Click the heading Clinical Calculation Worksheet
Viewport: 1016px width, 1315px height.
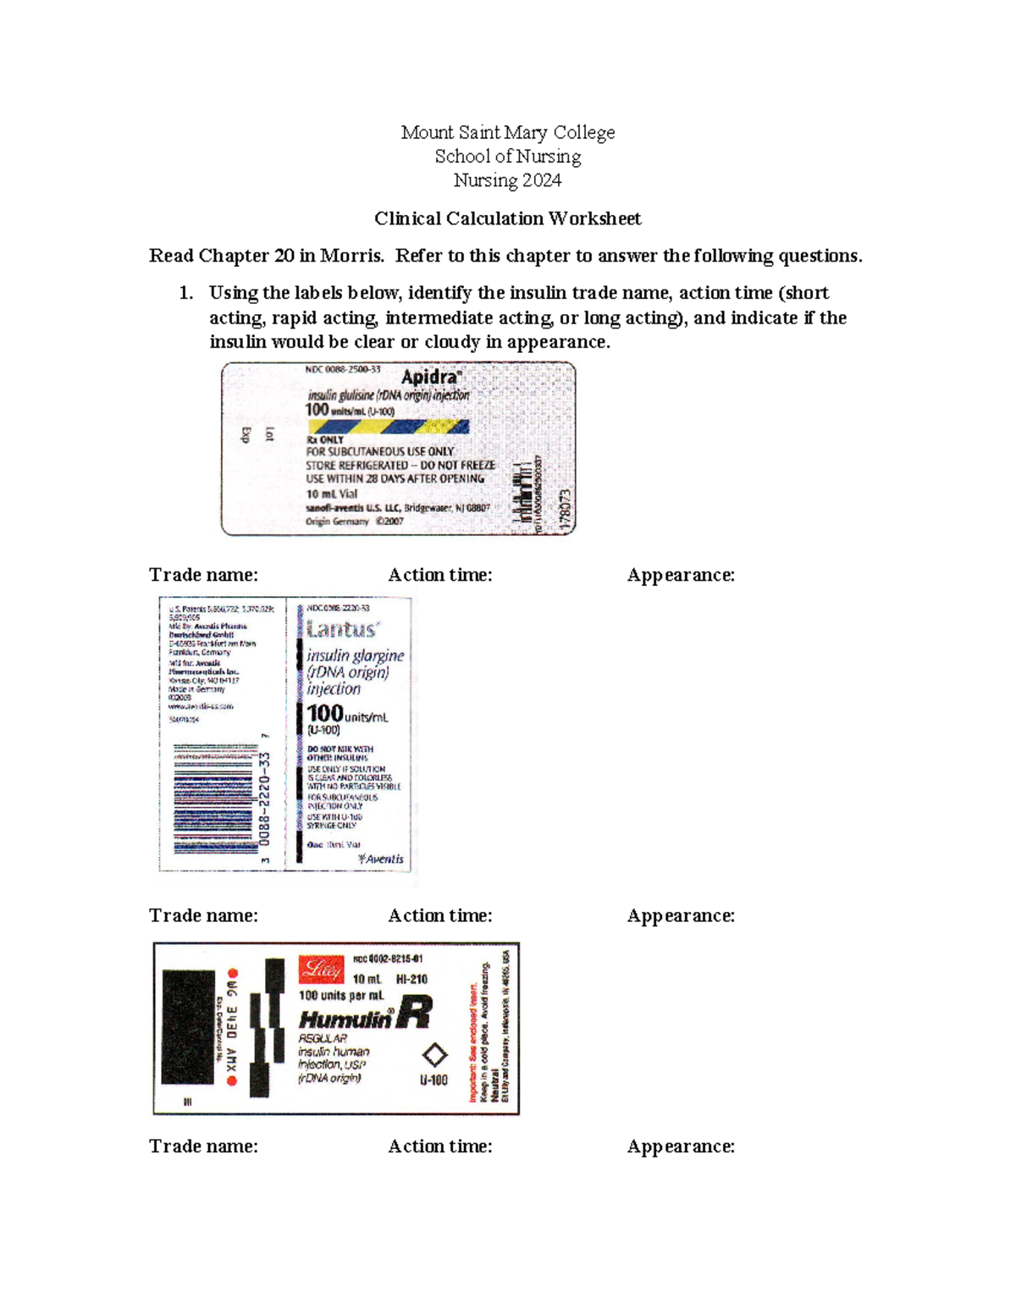[x=507, y=218]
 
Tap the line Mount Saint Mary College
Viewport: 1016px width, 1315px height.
[x=507, y=132]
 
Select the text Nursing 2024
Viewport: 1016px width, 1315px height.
[x=507, y=180]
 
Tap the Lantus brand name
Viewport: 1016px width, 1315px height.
[x=343, y=629]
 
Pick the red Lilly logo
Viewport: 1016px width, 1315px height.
[x=321, y=969]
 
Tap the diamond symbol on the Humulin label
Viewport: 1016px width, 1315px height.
[x=434, y=1055]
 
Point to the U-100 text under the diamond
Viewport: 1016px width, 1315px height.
[x=433, y=1080]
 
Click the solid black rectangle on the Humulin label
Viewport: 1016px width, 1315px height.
[x=187, y=1026]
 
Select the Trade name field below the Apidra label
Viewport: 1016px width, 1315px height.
[x=203, y=575]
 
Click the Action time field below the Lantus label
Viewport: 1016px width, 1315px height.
[x=439, y=915]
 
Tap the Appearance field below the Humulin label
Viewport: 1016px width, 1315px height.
[x=681, y=1146]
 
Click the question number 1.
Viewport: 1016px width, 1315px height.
[x=185, y=293]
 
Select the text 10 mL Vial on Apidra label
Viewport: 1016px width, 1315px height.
[x=332, y=494]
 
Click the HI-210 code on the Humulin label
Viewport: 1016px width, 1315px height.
[x=411, y=979]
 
